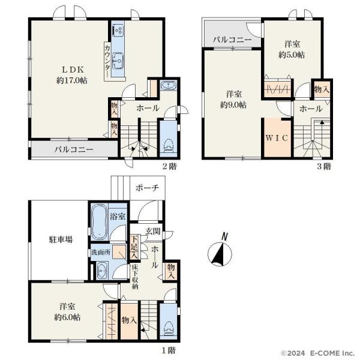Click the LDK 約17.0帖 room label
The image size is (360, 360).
(72, 75)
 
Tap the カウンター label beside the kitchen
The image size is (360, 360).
(107, 61)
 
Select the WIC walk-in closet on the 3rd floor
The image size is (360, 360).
(277, 138)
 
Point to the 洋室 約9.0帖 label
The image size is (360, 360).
(233, 100)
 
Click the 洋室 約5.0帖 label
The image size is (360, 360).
(292, 49)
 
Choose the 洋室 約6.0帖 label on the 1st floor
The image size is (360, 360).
(67, 312)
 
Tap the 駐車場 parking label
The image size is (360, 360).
(61, 239)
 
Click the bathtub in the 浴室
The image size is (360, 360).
(99, 222)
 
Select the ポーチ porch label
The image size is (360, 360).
(147, 188)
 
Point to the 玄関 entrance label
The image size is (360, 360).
(153, 231)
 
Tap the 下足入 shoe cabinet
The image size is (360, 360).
(134, 247)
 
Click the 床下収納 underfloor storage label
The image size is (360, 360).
(135, 277)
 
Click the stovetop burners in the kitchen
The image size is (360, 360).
(118, 31)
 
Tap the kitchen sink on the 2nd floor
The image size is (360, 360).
(118, 61)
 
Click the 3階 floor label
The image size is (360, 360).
(324, 166)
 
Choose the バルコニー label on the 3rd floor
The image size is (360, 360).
(232, 40)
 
